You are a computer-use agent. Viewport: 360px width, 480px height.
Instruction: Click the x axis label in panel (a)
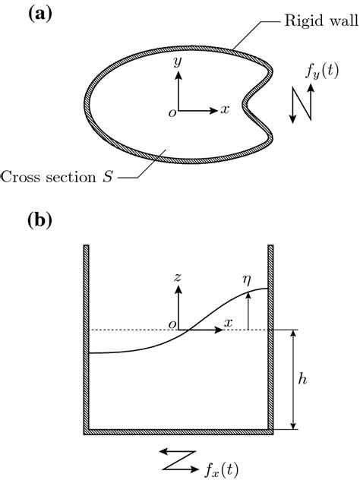[225, 109]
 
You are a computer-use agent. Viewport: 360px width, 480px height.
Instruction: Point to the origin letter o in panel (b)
[172, 325]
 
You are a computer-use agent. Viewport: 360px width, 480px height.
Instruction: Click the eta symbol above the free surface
[248, 279]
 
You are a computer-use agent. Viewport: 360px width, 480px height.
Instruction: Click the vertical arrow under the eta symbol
[249, 311]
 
